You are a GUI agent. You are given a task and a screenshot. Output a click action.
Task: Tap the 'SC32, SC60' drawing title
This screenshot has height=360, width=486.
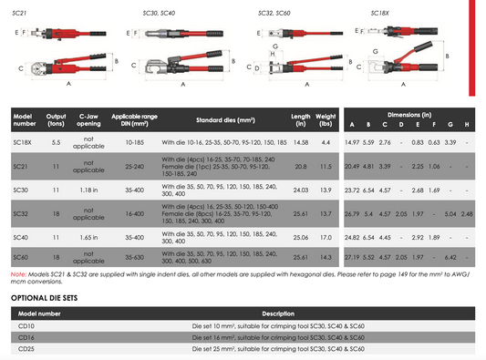[274, 14]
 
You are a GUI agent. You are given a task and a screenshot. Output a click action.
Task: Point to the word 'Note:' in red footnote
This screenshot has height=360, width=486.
[17, 273]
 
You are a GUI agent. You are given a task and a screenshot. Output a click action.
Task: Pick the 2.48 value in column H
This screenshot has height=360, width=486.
[467, 213]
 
